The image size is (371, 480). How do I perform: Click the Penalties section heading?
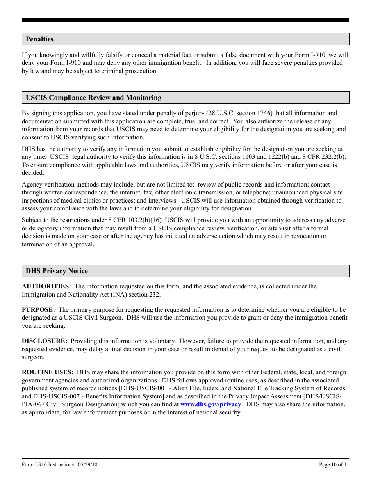pos(39,39)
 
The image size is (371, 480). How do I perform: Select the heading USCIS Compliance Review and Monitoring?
pos(93,98)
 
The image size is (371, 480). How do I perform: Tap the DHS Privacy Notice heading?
pos(57,271)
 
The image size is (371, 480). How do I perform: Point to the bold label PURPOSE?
pos(38,310)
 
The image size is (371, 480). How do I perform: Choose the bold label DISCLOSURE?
pos(45,341)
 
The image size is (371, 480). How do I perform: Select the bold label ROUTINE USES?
pos(48,372)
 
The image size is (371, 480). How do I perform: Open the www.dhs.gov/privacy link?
pos(210,404)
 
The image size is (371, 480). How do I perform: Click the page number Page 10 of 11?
pos(334,464)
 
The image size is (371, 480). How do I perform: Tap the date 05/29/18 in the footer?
pos(87,464)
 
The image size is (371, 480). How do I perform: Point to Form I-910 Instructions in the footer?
pos(48,464)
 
